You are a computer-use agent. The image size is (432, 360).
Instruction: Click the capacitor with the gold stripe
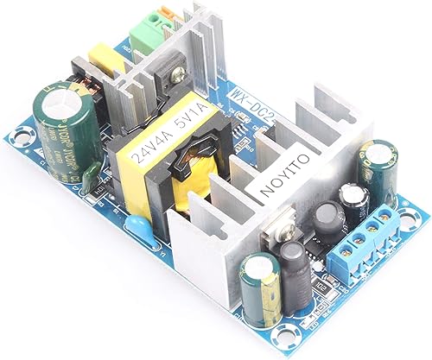(260, 285)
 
